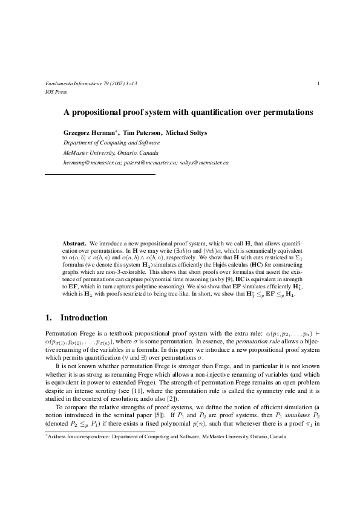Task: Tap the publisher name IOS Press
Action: (56, 92)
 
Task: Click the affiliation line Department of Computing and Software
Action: (111, 143)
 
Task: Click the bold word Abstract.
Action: (74, 242)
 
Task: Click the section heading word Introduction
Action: (84, 318)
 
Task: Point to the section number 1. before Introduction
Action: (50, 318)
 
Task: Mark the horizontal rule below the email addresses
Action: (100, 174)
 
